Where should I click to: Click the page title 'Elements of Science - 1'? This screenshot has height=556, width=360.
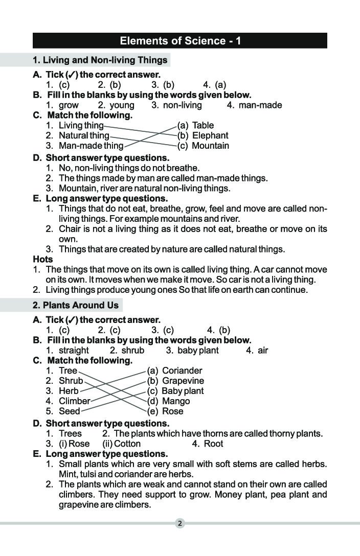point(180,41)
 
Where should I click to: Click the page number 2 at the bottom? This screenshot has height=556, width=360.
point(180,523)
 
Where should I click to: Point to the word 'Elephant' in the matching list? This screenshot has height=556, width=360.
point(210,135)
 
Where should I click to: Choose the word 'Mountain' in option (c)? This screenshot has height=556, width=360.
point(210,146)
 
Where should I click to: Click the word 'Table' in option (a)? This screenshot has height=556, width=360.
point(203,125)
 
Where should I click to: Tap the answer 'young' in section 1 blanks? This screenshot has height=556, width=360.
point(122,105)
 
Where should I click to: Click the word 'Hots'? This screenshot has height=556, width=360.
point(43,259)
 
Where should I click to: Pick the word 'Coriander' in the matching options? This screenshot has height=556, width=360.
point(182,370)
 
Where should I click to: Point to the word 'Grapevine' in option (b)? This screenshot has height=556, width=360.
point(183,381)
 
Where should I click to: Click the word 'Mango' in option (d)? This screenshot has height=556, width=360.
point(176,401)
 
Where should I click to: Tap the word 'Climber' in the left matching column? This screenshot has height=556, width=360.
point(74,401)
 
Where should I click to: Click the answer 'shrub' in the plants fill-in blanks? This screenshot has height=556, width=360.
point(133,351)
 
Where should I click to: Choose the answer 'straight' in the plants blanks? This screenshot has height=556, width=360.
point(74,351)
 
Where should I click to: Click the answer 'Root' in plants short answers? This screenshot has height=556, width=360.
point(214,444)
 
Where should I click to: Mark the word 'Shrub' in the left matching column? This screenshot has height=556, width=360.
point(71,381)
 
